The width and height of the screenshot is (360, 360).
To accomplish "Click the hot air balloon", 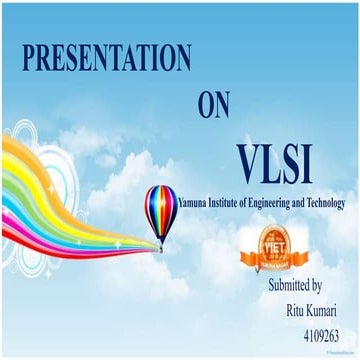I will [161, 211].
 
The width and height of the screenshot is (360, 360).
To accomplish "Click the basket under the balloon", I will [161, 246].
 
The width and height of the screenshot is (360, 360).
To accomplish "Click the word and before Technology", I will [303, 203].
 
